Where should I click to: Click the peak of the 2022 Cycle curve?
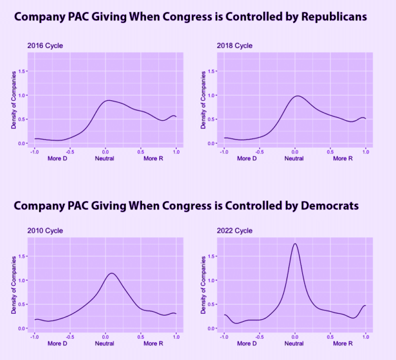[x=294, y=244]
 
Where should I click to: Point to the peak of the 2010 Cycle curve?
[x=112, y=273]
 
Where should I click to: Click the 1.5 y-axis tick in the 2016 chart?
[x=23, y=71]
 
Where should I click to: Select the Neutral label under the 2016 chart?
[x=106, y=159]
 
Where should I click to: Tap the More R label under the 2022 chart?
[x=342, y=344]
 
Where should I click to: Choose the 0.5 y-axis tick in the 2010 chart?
[x=23, y=304]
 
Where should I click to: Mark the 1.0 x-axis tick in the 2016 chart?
[x=176, y=152]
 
